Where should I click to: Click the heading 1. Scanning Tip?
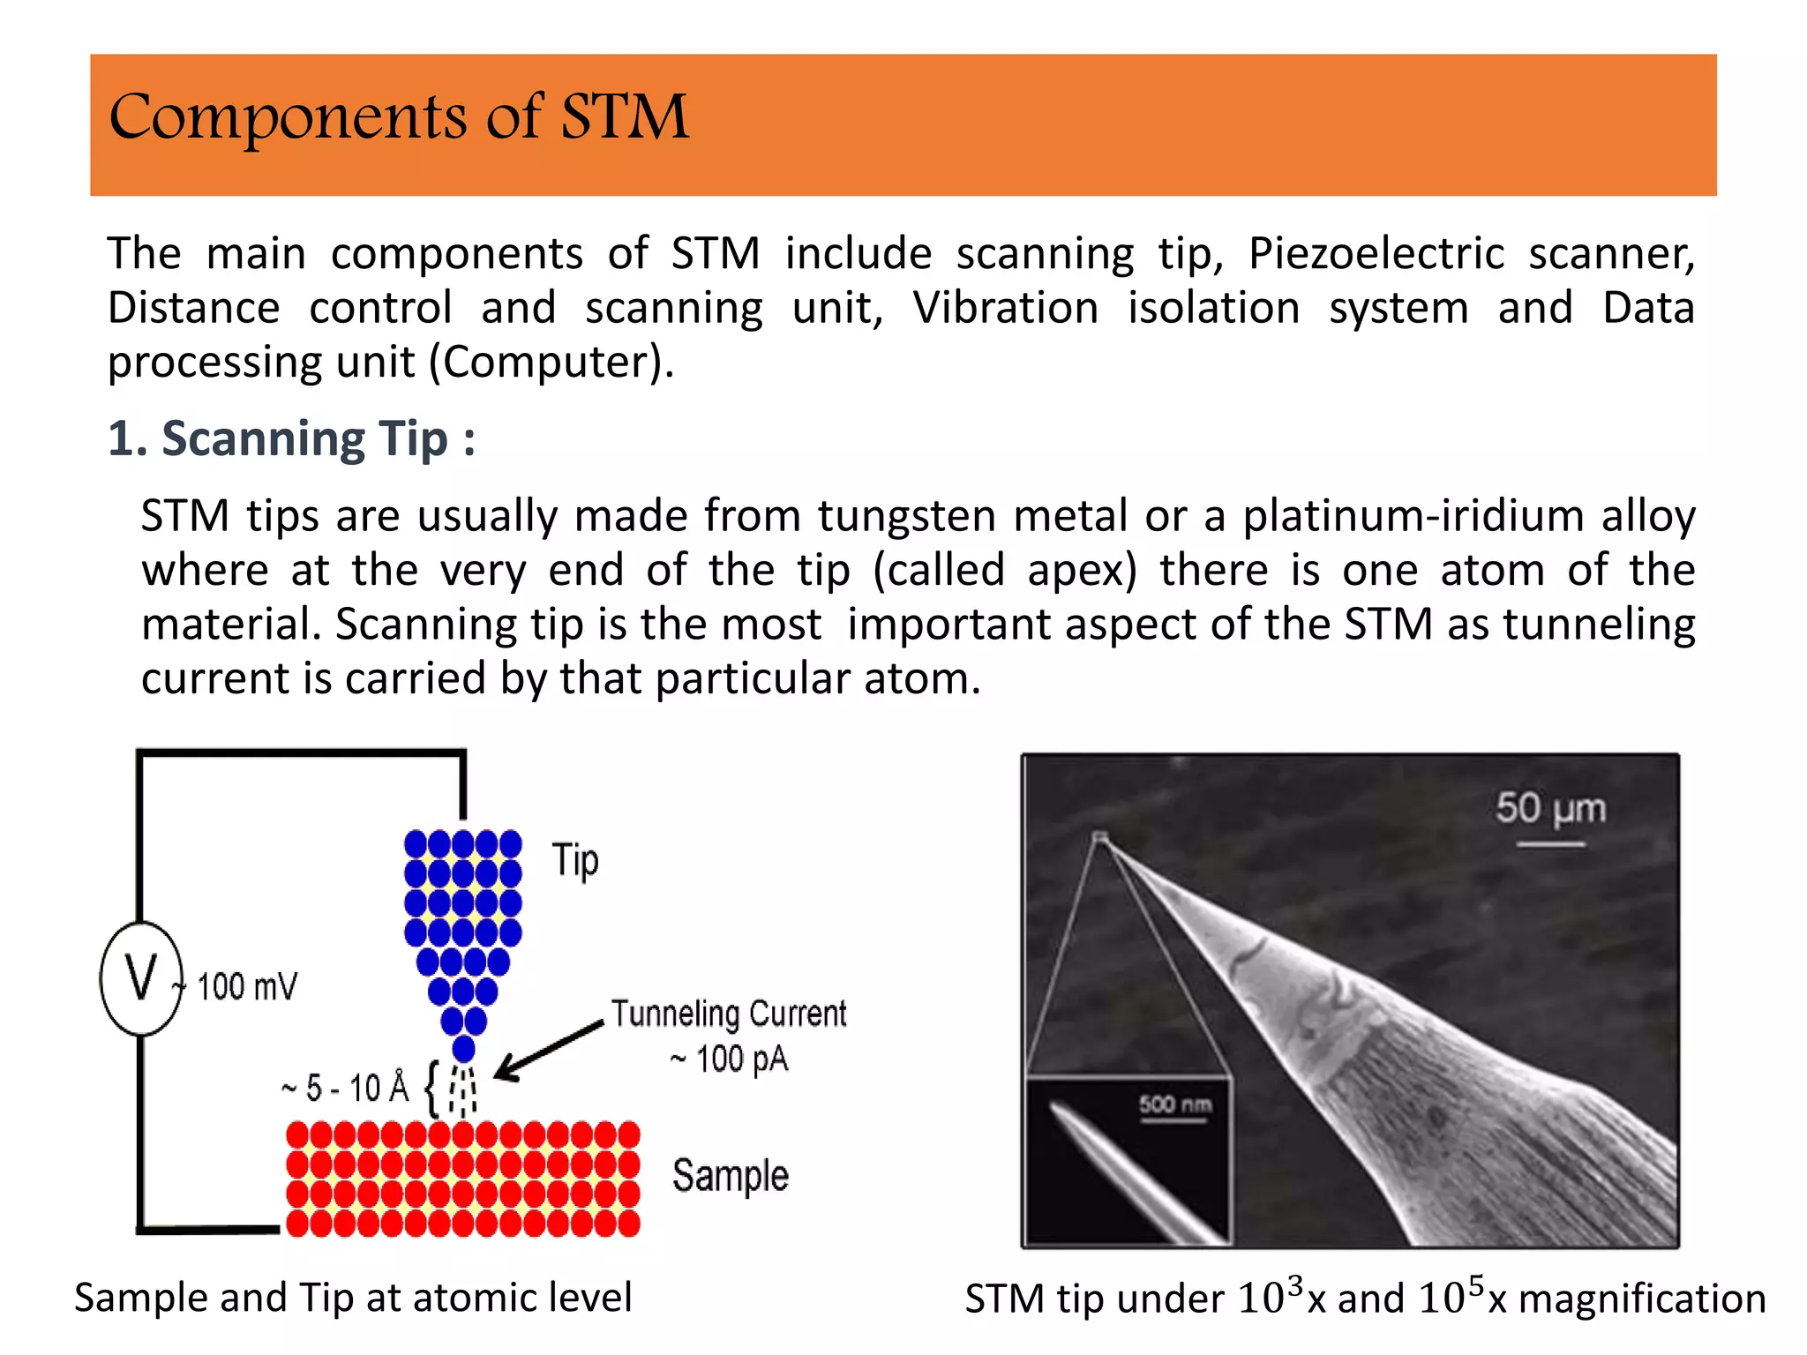pos(290,438)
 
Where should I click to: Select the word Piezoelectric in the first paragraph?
pos(1376,254)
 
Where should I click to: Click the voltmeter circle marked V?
pos(141,977)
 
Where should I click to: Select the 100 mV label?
pos(247,986)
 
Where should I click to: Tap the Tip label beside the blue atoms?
pos(575,860)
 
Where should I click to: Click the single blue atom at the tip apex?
pos(463,1049)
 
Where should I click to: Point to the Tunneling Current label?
pos(729,1014)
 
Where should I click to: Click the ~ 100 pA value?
pos(729,1059)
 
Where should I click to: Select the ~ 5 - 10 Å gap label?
pos(345,1088)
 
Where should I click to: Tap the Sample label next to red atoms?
pos(730,1176)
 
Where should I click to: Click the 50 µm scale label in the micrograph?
pos(1550,808)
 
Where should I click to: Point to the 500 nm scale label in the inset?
pos(1174,1104)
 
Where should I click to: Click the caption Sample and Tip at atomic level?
pos(353,1298)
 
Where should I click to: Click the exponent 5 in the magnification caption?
pos(1476,1284)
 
